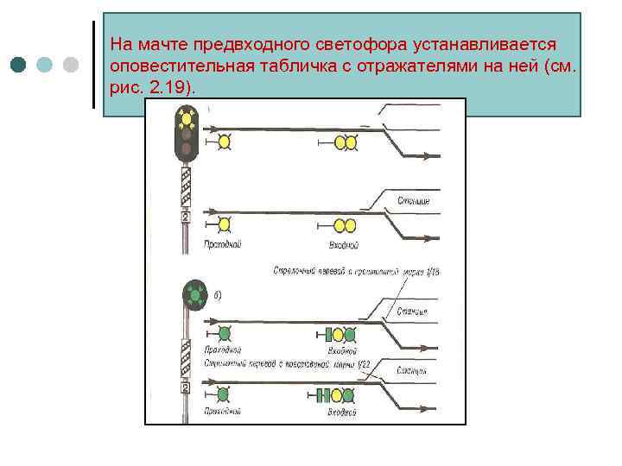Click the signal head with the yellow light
click(185, 135)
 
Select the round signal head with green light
click(194, 296)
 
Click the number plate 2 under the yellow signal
click(185, 217)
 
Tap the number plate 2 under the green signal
click(185, 388)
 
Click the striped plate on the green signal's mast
click(185, 357)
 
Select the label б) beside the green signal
click(217, 295)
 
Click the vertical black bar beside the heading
click(93, 65)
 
